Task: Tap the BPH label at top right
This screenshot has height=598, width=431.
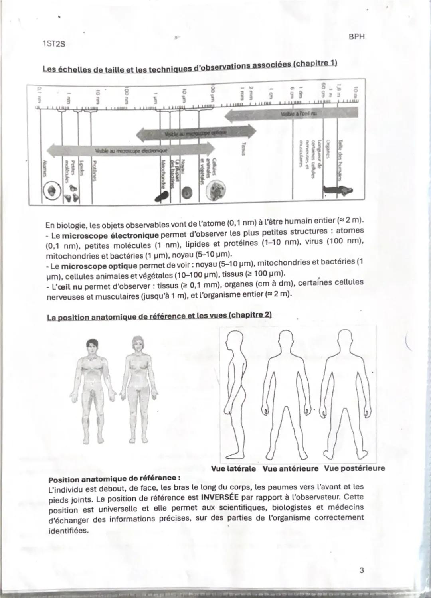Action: (356, 37)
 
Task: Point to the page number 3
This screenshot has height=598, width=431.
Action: (361, 570)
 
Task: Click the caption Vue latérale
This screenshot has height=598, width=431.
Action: (233, 469)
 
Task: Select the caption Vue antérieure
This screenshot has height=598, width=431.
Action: (290, 469)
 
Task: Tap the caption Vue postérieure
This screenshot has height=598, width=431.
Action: (354, 468)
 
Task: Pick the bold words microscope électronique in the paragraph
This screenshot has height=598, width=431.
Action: (104, 234)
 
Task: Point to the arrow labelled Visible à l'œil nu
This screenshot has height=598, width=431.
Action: (291, 114)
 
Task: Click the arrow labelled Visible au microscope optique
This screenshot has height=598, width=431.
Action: (196, 133)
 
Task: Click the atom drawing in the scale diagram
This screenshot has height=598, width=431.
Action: (51, 190)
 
